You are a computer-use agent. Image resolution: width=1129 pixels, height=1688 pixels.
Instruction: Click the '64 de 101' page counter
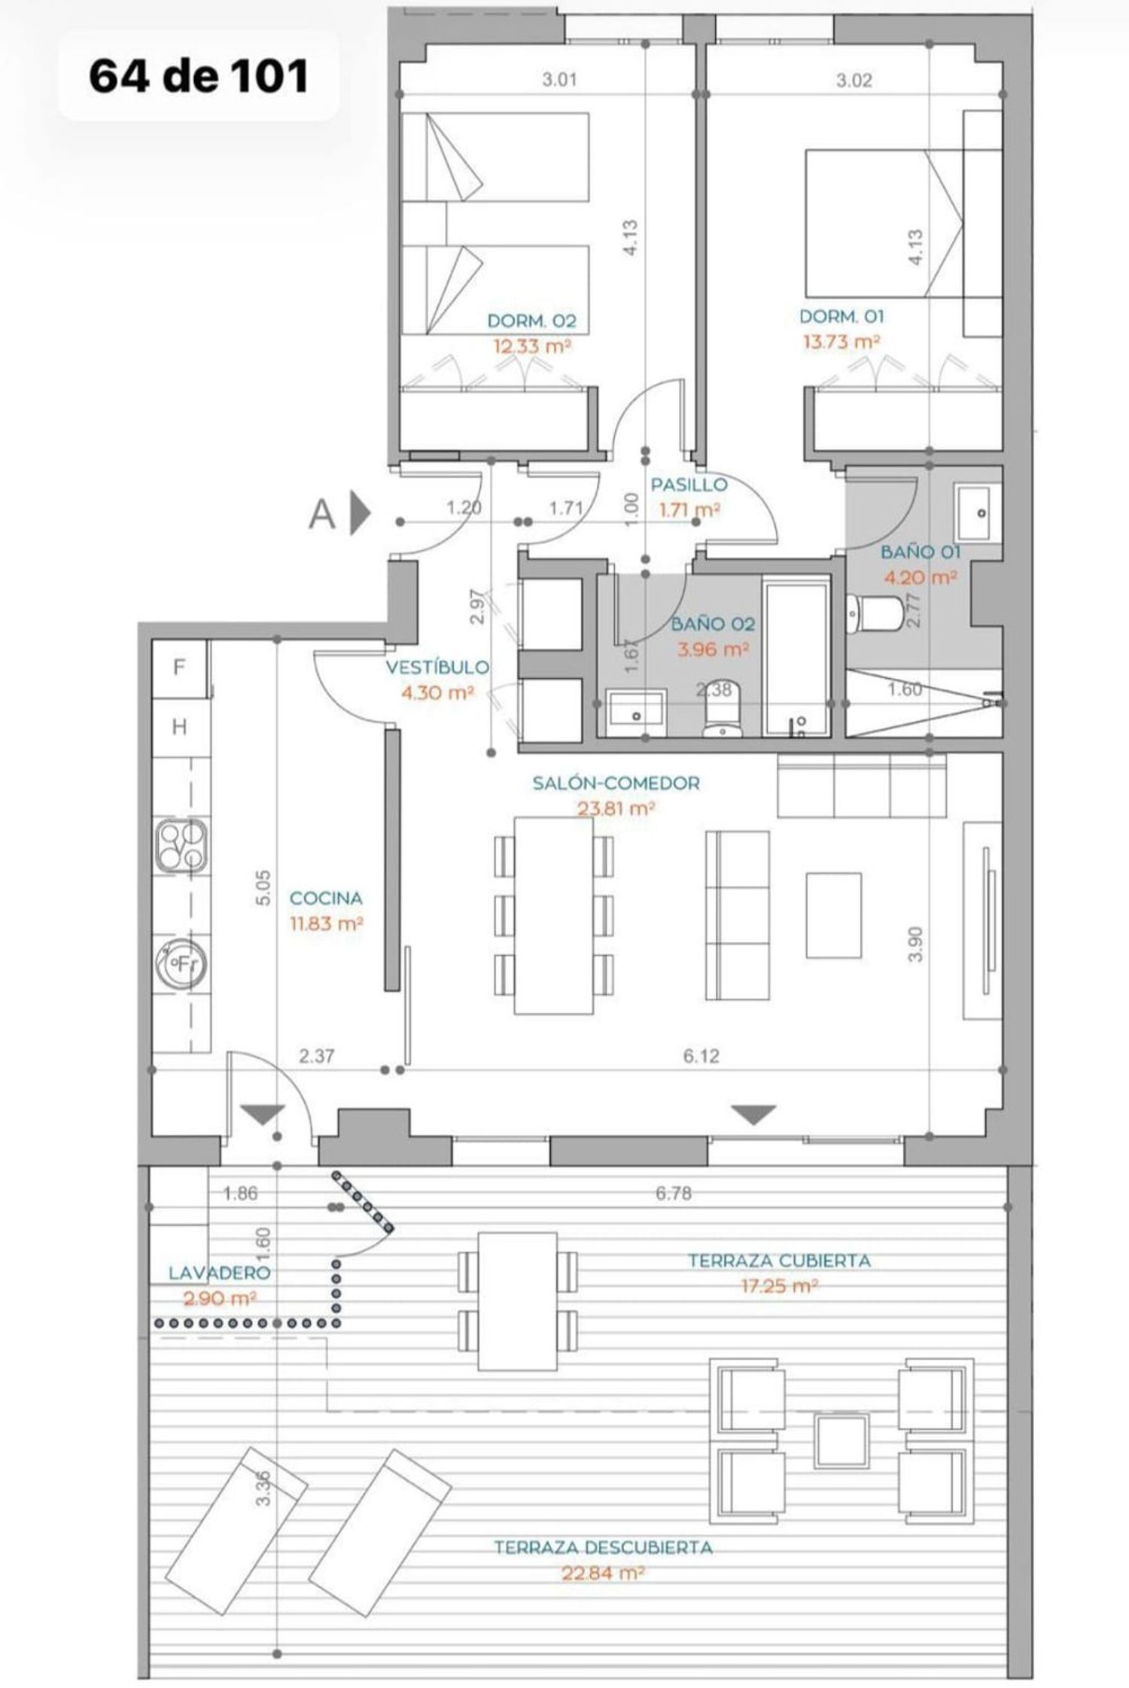(x=199, y=76)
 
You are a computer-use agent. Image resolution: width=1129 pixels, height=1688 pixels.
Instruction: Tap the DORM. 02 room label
(x=531, y=321)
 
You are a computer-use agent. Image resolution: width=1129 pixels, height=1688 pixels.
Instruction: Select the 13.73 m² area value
(x=842, y=342)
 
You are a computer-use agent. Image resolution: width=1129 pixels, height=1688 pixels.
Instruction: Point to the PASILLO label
(x=689, y=485)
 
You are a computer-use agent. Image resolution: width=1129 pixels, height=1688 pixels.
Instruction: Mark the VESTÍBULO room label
(x=437, y=667)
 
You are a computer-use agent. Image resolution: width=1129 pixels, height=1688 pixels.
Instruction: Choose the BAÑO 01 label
(x=921, y=552)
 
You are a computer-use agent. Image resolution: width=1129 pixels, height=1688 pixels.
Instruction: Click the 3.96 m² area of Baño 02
(x=713, y=649)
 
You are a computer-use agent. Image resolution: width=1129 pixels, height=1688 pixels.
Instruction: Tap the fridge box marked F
(x=180, y=668)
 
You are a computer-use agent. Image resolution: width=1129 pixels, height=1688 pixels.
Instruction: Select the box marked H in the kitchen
(x=180, y=727)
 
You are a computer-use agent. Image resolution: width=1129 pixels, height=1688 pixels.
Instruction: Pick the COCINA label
(x=327, y=898)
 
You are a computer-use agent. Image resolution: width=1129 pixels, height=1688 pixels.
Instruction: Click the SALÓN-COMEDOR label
(x=616, y=783)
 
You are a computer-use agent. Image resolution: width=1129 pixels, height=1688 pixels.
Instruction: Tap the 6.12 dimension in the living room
(x=701, y=1056)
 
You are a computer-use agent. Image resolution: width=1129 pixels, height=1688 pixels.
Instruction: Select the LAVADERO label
(x=219, y=1273)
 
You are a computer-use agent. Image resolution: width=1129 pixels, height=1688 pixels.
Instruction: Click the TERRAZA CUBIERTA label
(x=779, y=1261)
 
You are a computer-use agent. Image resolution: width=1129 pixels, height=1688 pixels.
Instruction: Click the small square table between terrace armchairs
(x=842, y=1440)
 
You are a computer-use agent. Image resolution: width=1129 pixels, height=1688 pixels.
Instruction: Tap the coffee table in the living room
(x=833, y=915)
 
